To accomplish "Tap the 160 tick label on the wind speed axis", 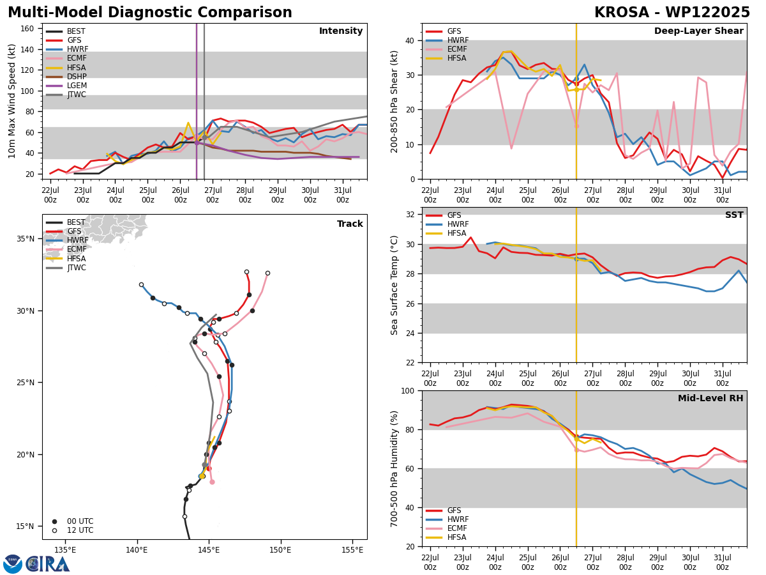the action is (27, 29).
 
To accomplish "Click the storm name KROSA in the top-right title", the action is (622, 13).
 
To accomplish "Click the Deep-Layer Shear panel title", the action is (698, 31).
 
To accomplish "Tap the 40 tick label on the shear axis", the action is (410, 41).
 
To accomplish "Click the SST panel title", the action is (734, 215).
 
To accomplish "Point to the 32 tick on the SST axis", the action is (410, 215).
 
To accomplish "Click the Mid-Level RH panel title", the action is (710, 398).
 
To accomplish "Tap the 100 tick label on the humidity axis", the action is (408, 390).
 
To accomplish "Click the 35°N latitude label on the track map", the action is (26, 239).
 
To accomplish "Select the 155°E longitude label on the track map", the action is (352, 550).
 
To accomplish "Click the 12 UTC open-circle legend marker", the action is (54, 530).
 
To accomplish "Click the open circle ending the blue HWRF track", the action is (141, 285).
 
